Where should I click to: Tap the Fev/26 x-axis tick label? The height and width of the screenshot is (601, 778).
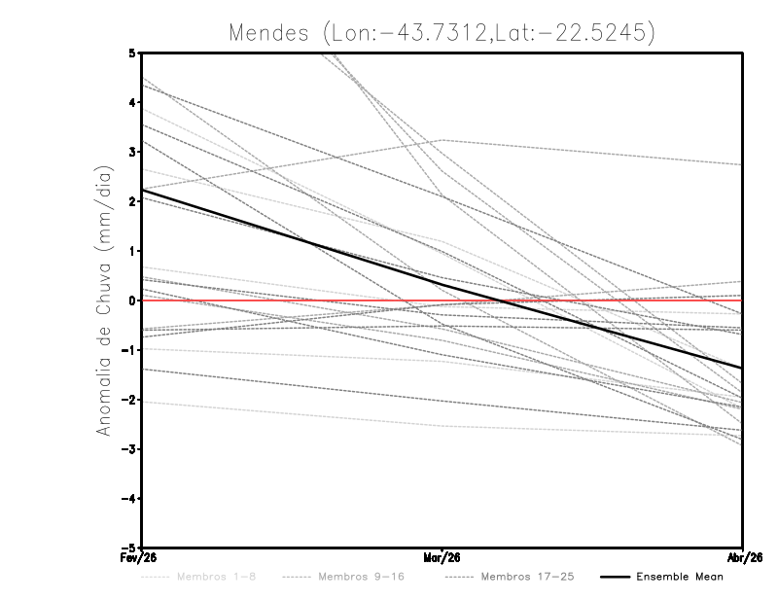[141, 557]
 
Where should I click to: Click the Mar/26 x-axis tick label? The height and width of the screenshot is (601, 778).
[442, 557]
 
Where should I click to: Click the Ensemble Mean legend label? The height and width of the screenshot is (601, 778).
[679, 577]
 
